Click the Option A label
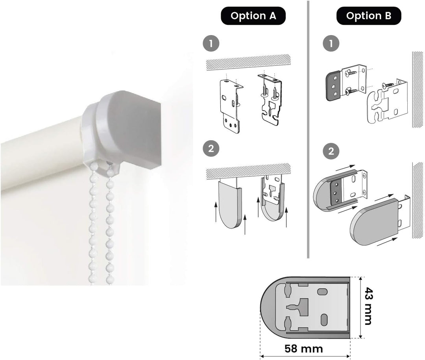coord(253,16)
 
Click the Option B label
coord(369,16)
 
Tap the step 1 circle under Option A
coord(211,43)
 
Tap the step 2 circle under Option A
coord(211,148)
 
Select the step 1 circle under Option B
coord(331,43)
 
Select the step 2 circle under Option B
coord(331,151)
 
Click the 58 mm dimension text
coord(303,349)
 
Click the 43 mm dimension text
coord(368,306)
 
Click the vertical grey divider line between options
coord(308,130)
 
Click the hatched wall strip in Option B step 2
coord(418,200)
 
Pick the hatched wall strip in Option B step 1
coord(418,89)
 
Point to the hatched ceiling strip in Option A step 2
coord(248,171)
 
